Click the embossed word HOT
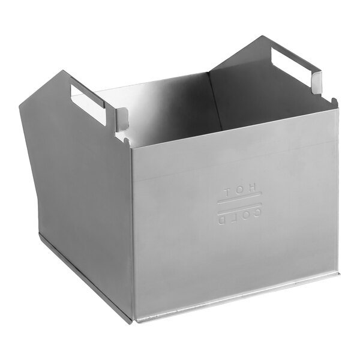[239, 192]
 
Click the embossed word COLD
[239, 217]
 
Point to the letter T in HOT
[227, 193]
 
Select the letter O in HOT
[239, 192]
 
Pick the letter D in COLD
[222, 220]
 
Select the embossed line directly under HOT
[239, 200]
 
